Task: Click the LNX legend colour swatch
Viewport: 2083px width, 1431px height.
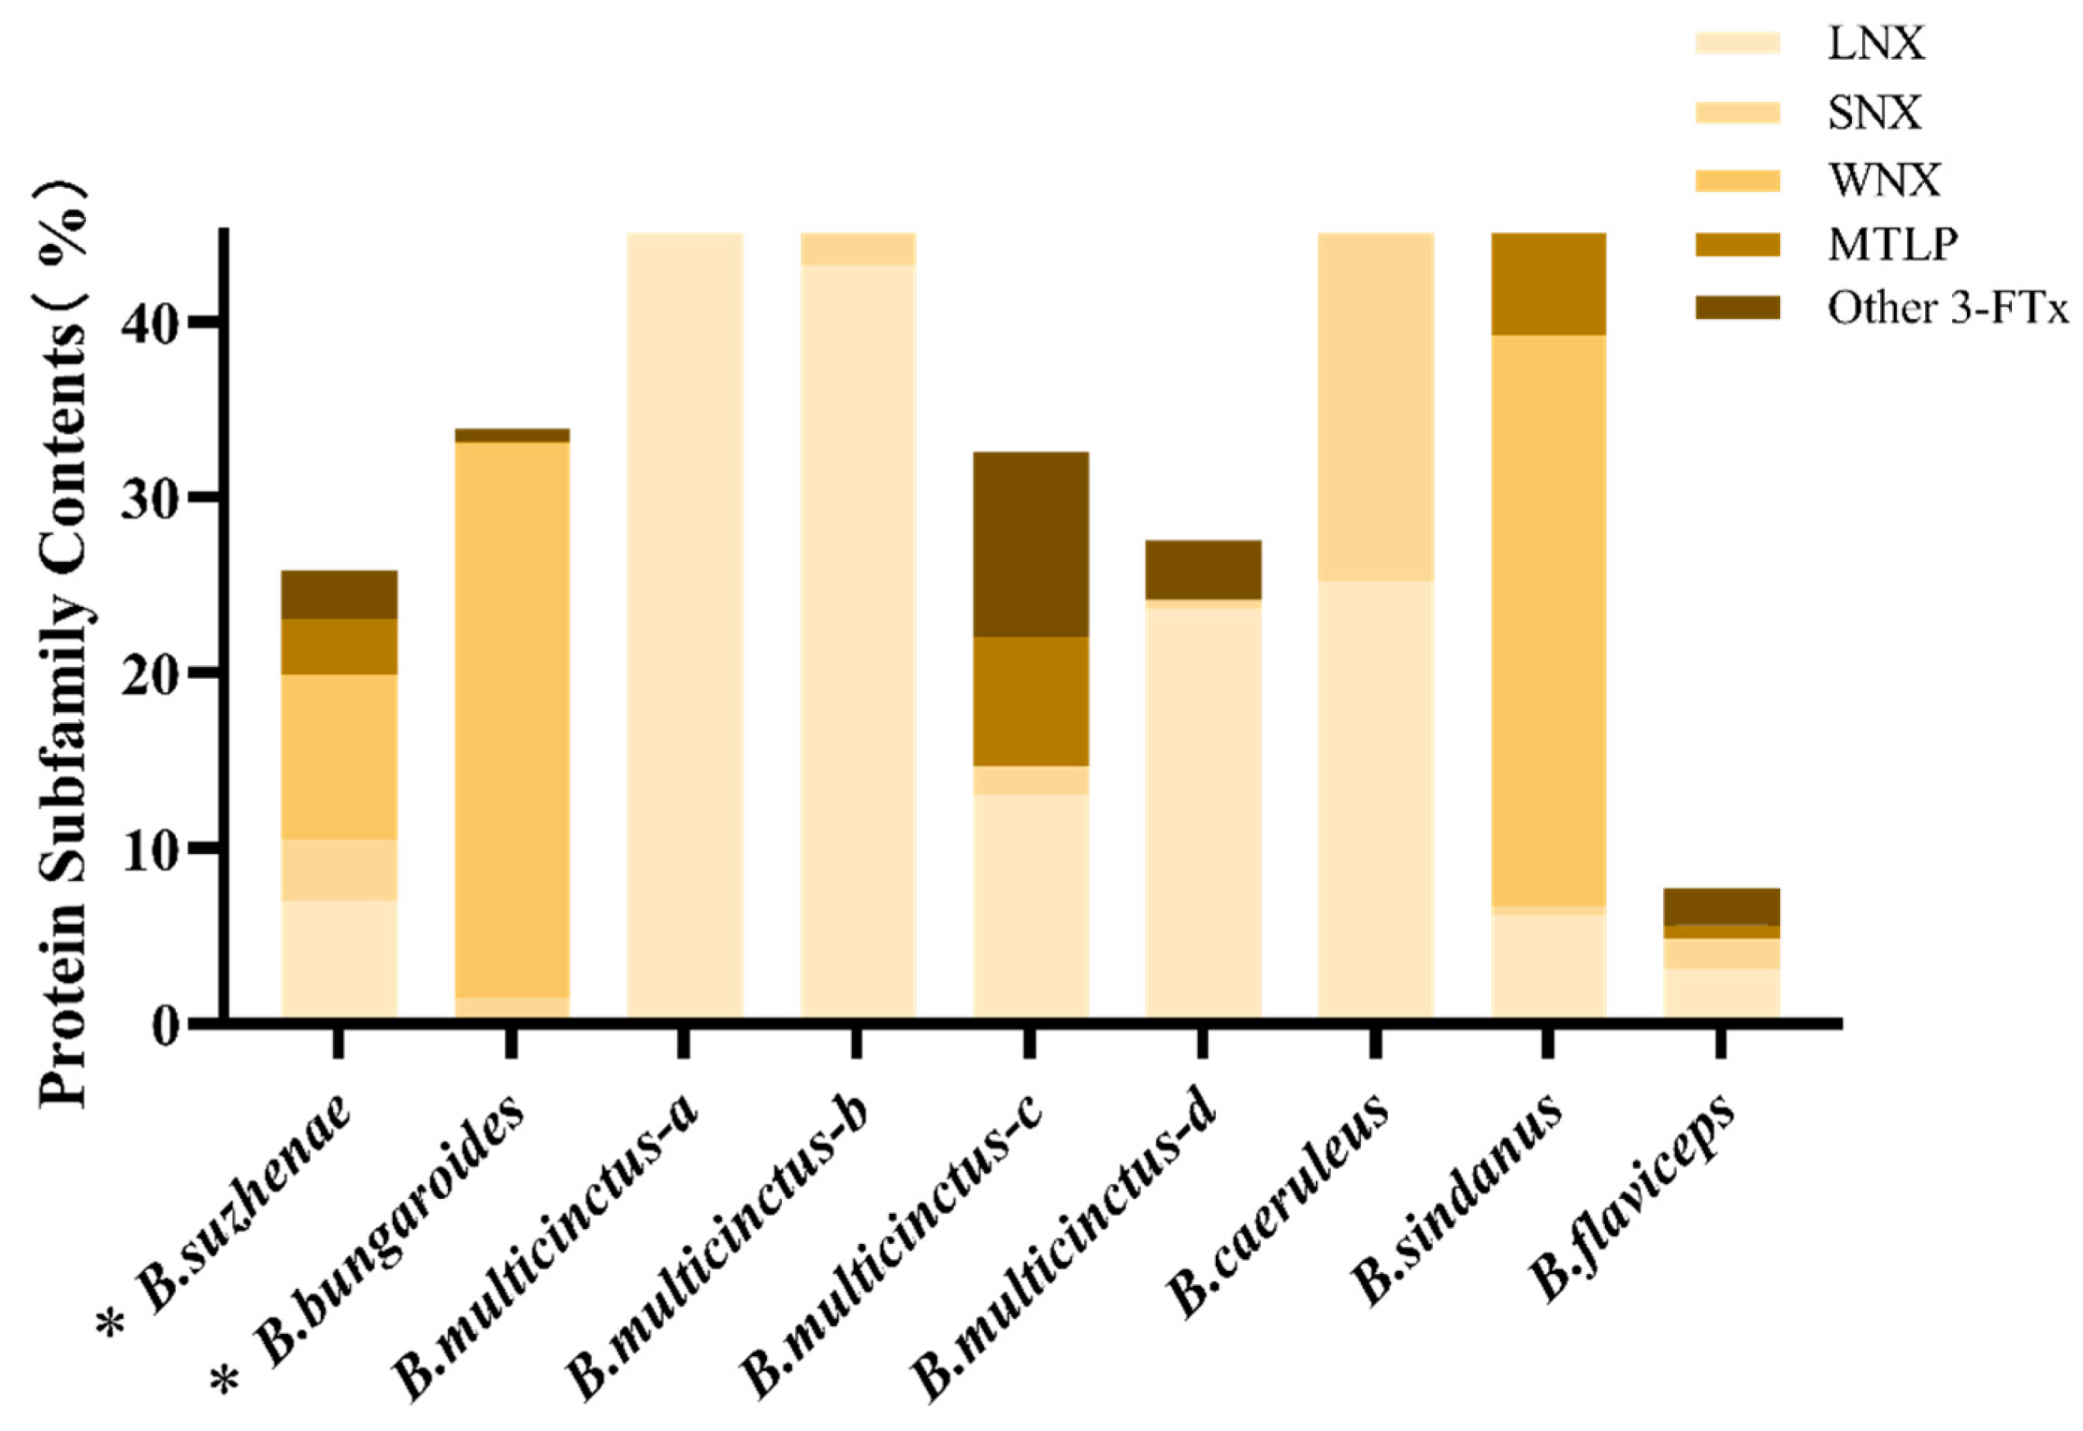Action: coord(1737,43)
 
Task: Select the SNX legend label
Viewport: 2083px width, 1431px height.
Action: coord(1874,112)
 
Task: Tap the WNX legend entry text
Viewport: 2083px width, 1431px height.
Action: coord(1884,179)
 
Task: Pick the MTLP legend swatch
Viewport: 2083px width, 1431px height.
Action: coord(1737,244)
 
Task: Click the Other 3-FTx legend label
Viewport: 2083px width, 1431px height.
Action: coord(1947,308)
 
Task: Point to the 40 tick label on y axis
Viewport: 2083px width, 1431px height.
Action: coord(150,323)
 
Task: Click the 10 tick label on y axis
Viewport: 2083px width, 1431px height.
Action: coord(150,849)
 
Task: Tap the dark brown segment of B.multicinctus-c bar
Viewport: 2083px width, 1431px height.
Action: coord(1030,543)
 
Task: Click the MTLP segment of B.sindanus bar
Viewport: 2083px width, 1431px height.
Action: coord(1548,283)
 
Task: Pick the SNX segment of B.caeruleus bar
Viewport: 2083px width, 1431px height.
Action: coord(1375,407)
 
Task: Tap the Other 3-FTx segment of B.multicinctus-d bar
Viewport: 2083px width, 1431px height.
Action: coord(1203,569)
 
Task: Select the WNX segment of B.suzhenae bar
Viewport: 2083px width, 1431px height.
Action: coord(339,756)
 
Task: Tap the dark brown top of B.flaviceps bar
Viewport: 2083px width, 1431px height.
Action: coord(1721,906)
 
